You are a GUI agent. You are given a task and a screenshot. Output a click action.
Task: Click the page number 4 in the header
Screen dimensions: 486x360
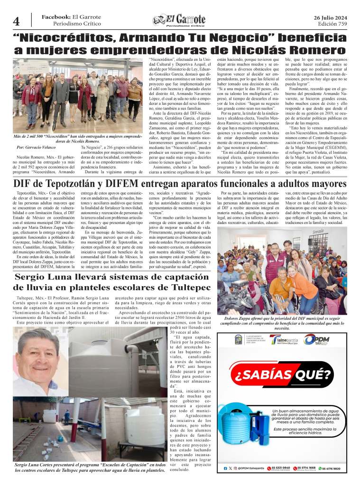[x=16, y=21]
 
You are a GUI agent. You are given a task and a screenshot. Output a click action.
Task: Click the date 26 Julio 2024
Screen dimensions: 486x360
[x=330, y=17]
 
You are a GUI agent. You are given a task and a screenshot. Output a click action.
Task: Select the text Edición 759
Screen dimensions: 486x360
[x=332, y=24]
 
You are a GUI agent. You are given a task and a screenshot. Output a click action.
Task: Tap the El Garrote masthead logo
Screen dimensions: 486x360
[x=179, y=20]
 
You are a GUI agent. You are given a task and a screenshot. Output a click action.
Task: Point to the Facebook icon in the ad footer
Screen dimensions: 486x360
[x=225, y=468]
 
